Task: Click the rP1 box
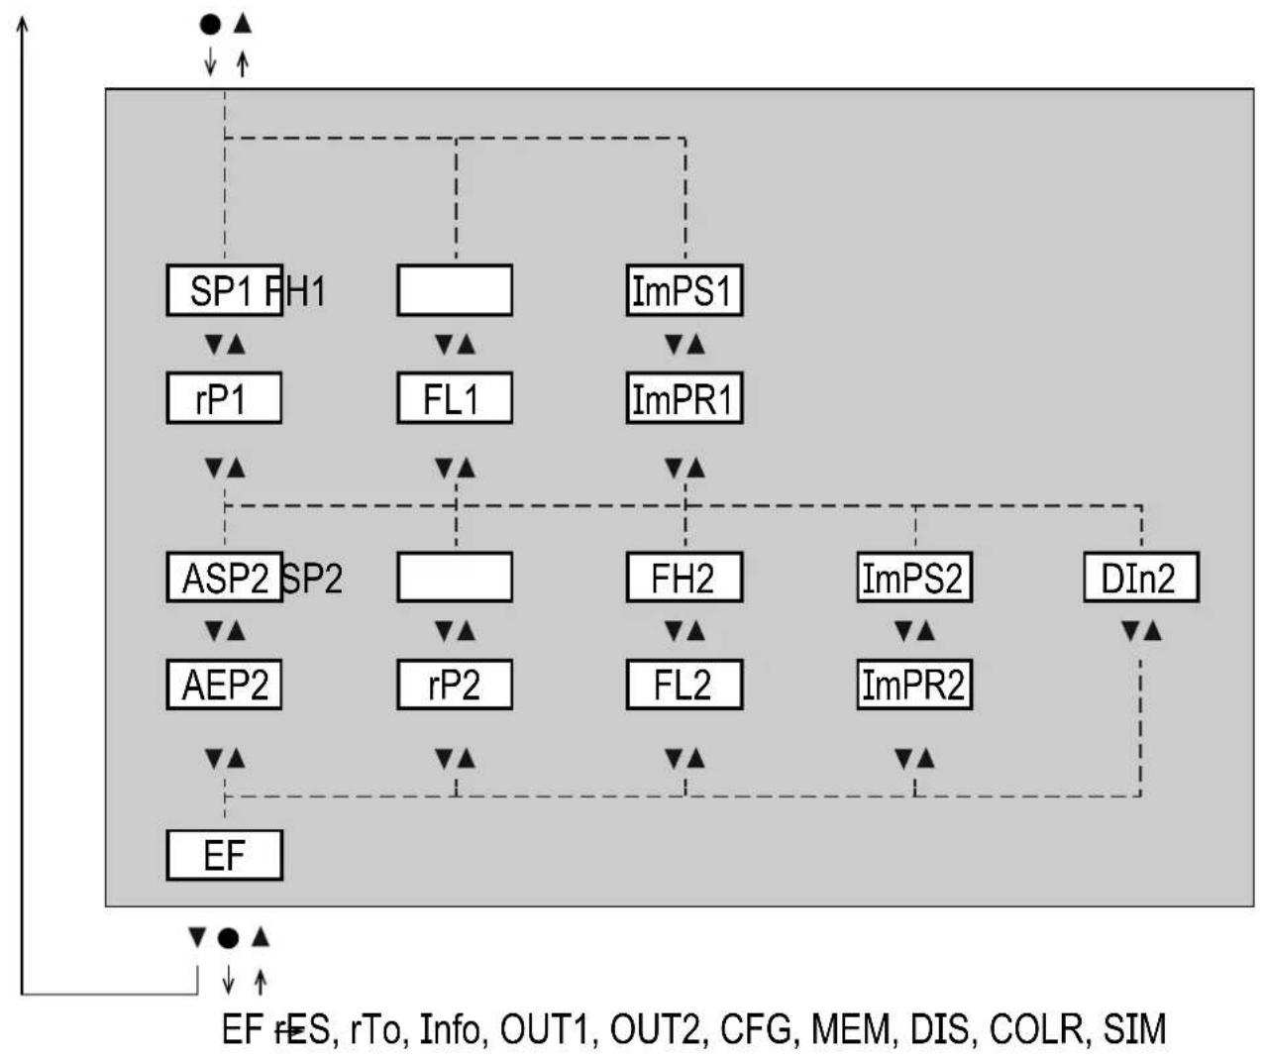tap(224, 398)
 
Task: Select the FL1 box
tap(455, 398)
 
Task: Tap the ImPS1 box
tap(685, 290)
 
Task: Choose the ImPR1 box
tap(685, 398)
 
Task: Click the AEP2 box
tap(224, 685)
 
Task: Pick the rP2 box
tap(455, 685)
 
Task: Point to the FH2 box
tap(685, 578)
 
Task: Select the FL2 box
tap(685, 685)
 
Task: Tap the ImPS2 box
tap(914, 578)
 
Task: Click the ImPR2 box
tap(914, 685)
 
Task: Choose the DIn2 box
tap(1141, 578)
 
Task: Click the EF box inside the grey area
tap(224, 855)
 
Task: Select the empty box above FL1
tap(455, 290)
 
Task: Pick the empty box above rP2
tap(455, 578)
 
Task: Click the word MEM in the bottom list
tap(851, 1029)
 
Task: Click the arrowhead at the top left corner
tap(22, 22)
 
